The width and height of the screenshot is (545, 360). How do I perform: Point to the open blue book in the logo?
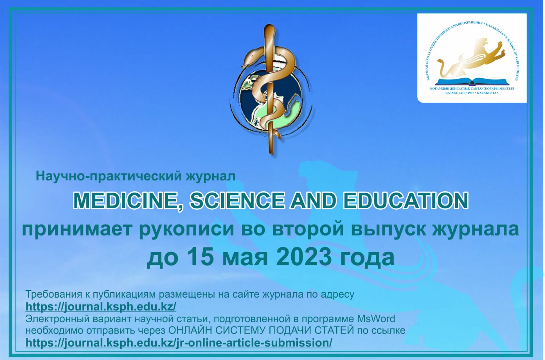[472, 81]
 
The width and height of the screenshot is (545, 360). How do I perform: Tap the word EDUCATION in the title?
[406, 200]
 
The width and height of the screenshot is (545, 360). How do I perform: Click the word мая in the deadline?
[245, 259]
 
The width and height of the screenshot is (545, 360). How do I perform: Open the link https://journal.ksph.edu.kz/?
[101, 307]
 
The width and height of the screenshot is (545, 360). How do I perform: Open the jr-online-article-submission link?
[179, 343]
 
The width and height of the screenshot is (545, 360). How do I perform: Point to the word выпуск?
[388, 230]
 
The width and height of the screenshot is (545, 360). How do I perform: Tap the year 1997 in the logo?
[470, 93]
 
